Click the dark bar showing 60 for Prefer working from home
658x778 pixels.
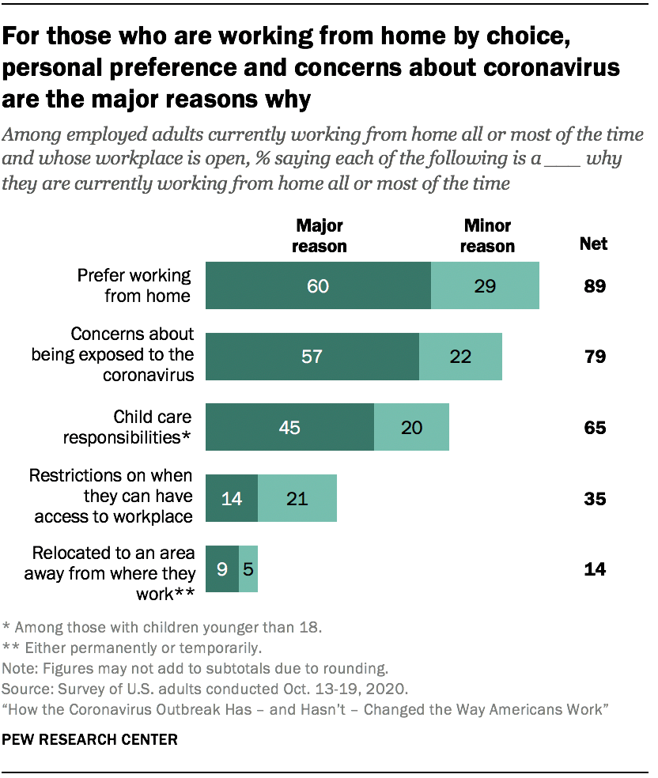[318, 285]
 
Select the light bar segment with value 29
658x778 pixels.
[485, 285]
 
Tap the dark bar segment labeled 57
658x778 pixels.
[312, 357]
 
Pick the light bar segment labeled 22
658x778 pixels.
[460, 357]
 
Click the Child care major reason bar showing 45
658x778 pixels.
[289, 428]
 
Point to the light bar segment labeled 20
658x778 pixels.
[411, 428]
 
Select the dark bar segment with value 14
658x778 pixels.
[231, 499]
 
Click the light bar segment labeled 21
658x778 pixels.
[297, 499]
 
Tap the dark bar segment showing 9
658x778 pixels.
[221, 569]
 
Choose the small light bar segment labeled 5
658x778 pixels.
[248, 569]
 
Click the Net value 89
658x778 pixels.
[594, 285]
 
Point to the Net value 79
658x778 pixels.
[594, 357]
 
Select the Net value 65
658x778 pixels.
[594, 428]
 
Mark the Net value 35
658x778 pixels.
[594, 499]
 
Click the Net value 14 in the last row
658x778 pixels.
[594, 569]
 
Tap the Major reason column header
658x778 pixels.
[320, 236]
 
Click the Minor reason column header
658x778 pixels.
[487, 236]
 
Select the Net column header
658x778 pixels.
[594, 244]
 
